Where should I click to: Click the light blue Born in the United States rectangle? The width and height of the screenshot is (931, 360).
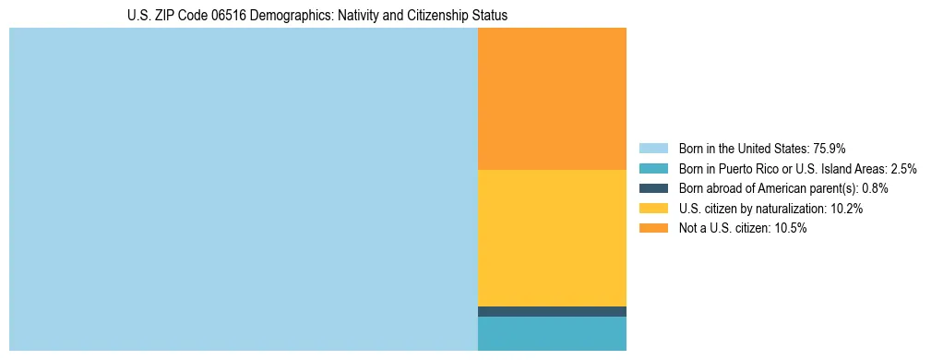244,189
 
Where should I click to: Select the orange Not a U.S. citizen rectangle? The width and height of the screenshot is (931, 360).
552,99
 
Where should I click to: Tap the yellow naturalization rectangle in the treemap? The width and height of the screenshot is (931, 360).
552,238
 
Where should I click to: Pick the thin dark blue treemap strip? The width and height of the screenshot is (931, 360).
552,311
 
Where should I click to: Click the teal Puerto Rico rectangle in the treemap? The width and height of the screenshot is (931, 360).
552,333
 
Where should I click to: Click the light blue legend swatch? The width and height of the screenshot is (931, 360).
653,149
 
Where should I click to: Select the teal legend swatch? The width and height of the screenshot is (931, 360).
653,169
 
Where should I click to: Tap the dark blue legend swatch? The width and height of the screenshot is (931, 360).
653,188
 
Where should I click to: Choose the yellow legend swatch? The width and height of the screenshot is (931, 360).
653,209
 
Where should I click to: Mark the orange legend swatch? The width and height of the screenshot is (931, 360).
653,229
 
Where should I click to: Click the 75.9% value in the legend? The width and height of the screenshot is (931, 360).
830,149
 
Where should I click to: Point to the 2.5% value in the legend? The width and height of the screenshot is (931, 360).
903,169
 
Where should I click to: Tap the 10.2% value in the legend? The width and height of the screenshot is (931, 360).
846,209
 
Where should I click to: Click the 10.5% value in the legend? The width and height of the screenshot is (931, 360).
790,229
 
